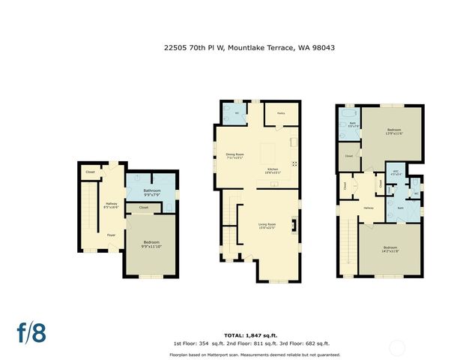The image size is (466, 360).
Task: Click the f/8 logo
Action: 31,331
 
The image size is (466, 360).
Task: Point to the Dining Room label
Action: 235,157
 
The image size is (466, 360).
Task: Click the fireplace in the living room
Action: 294,224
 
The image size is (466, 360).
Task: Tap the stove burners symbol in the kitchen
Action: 294,163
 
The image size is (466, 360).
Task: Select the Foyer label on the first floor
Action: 111,235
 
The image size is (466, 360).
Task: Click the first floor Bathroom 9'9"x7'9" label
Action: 152,192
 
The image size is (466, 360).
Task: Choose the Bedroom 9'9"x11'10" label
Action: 152,244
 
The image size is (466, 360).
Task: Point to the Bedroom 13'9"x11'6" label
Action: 395,132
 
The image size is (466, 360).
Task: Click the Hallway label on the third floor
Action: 368,208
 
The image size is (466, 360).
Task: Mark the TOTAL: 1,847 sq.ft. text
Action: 251,334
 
